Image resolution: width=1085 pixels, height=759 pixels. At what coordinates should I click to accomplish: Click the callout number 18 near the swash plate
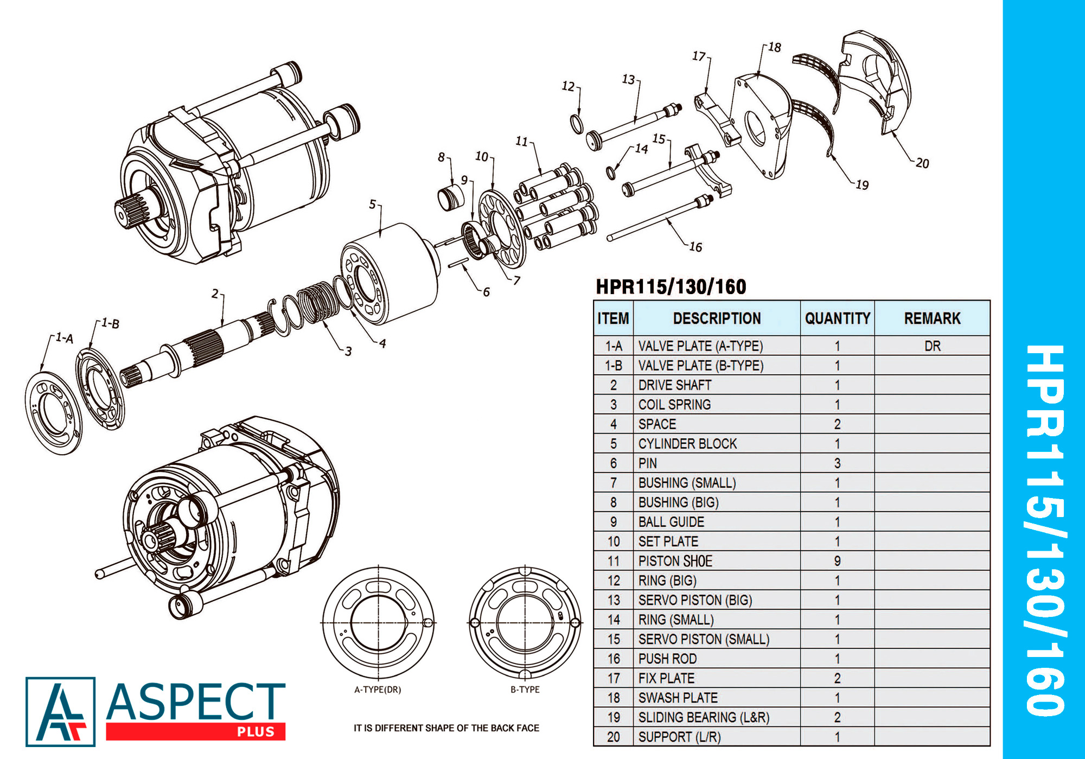click(x=774, y=47)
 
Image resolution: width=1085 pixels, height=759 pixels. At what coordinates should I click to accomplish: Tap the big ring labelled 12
click(x=577, y=124)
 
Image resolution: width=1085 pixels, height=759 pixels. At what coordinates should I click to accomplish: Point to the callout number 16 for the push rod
click(x=695, y=247)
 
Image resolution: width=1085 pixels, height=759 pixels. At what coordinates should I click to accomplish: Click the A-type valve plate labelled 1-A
click(x=53, y=412)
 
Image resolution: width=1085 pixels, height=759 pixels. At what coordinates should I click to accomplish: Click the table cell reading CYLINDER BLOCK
click(x=687, y=444)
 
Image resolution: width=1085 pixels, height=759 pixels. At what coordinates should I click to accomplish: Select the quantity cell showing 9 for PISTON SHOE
click(x=837, y=561)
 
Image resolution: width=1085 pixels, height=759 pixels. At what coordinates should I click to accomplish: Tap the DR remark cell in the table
click(x=932, y=346)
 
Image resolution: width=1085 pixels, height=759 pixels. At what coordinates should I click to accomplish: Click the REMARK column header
click(x=932, y=318)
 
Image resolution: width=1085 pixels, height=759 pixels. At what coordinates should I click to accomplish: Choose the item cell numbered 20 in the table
click(x=613, y=737)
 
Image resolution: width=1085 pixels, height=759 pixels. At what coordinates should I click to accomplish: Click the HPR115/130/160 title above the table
click(x=671, y=286)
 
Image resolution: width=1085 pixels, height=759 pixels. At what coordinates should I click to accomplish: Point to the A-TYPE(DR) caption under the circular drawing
click(x=378, y=690)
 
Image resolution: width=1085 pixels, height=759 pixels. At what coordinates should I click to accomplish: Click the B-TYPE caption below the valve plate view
click(x=525, y=690)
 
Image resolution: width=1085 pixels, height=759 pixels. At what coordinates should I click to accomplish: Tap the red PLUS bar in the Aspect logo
click(x=195, y=731)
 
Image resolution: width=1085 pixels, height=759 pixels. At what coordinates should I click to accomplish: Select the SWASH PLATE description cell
click(x=678, y=698)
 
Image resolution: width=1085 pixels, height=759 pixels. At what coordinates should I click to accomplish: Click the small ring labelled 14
click(x=611, y=173)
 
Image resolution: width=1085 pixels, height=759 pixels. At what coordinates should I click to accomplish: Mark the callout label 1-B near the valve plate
click(x=111, y=324)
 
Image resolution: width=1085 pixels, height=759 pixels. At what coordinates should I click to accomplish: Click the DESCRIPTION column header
click(x=717, y=318)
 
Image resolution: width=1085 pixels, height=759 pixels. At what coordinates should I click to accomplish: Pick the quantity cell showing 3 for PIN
click(x=837, y=463)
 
